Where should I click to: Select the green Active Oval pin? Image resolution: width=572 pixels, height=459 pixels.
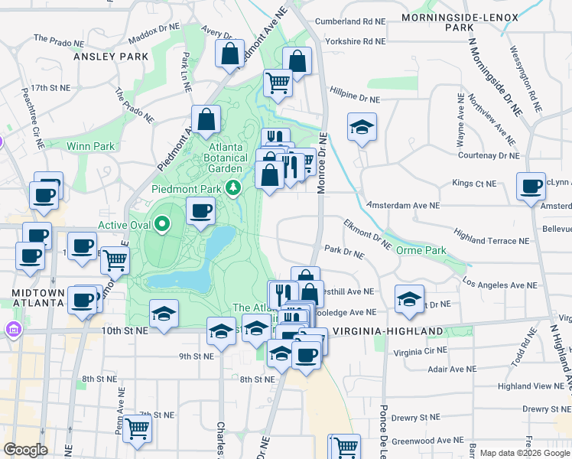click(x=161, y=224)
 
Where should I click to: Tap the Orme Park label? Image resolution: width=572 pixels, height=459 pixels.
click(x=421, y=250)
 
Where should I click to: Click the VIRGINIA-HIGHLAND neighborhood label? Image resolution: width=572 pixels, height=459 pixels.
click(x=382, y=331)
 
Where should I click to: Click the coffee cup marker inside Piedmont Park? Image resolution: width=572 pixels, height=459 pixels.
click(x=200, y=210)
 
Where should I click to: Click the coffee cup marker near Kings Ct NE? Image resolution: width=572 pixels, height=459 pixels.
click(x=530, y=186)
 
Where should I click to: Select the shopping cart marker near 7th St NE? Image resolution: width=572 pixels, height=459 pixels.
click(x=138, y=429)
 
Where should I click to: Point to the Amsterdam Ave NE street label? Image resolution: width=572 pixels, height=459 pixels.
click(x=403, y=206)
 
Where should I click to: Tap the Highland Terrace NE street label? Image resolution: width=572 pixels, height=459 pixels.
click(x=491, y=240)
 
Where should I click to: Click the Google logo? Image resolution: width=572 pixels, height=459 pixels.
click(x=25, y=450)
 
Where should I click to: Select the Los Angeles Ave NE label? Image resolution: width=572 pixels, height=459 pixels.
click(x=500, y=285)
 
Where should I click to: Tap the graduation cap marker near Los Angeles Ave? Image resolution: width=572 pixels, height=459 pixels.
click(x=409, y=298)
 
